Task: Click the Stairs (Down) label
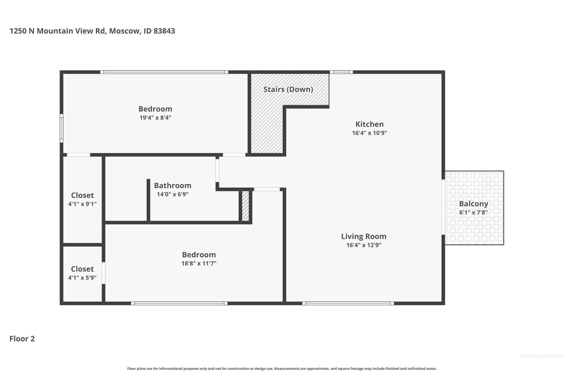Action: pyautogui.click(x=288, y=89)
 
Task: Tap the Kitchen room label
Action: pyautogui.click(x=369, y=124)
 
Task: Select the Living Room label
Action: pyautogui.click(x=363, y=236)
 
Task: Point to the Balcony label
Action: pyautogui.click(x=473, y=204)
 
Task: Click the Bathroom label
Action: pyautogui.click(x=173, y=186)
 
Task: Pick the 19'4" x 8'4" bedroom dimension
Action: pyautogui.click(x=155, y=118)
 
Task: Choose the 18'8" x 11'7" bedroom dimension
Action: pyautogui.click(x=199, y=264)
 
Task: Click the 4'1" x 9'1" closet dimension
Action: pyautogui.click(x=82, y=204)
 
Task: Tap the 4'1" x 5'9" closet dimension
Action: pyautogui.click(x=82, y=278)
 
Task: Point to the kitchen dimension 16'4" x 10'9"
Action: pyautogui.click(x=369, y=133)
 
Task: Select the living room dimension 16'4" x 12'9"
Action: pyautogui.click(x=363, y=245)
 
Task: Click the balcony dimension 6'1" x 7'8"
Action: pyautogui.click(x=473, y=213)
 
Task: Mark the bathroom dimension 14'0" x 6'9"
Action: pyautogui.click(x=173, y=194)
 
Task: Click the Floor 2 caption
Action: pyautogui.click(x=22, y=339)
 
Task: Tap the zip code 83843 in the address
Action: pyautogui.click(x=164, y=31)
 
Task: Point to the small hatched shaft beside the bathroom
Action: pyautogui.click(x=245, y=206)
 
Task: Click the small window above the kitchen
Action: pyautogui.click(x=342, y=72)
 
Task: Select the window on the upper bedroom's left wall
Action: pyautogui.click(x=61, y=128)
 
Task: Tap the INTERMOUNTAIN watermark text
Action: pyautogui.click(x=542, y=357)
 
